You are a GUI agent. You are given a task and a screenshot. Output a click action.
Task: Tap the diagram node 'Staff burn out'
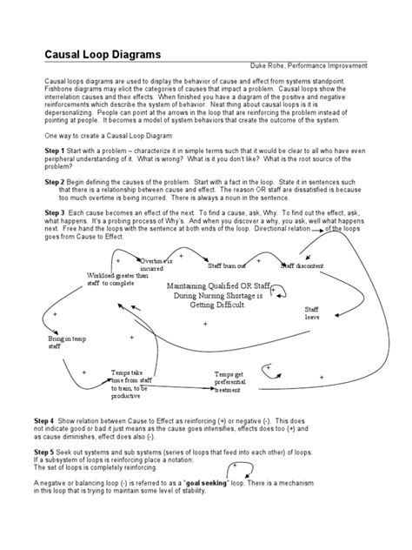[x=226, y=264]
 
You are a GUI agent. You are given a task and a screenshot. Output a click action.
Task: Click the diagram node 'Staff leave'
[x=311, y=314]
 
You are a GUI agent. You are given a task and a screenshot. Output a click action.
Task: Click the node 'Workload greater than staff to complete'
[x=111, y=278]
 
